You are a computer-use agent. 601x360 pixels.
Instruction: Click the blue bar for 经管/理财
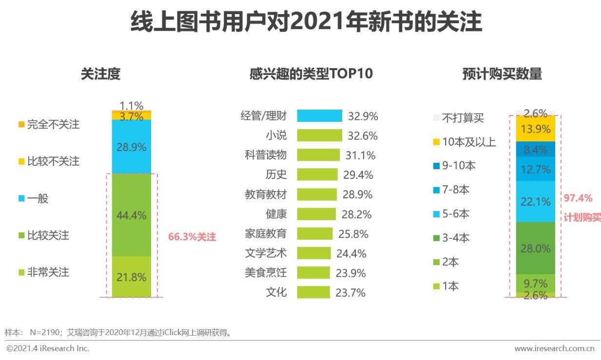click(319, 116)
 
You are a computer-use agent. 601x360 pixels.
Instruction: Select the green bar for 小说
click(319, 135)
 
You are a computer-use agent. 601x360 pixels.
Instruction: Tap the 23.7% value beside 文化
click(350, 292)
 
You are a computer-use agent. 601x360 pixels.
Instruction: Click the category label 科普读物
click(266, 155)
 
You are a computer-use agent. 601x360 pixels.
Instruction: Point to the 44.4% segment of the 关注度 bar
click(131, 215)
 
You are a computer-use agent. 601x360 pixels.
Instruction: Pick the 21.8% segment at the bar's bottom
click(131, 277)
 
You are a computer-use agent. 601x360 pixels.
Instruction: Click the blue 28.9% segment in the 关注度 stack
click(131, 147)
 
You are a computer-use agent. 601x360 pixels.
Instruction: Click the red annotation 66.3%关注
click(192, 237)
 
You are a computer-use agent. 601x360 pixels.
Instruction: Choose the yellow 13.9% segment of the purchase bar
click(535, 129)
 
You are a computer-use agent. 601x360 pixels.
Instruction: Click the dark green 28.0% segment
click(535, 248)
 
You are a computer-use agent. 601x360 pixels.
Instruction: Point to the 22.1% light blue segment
click(535, 201)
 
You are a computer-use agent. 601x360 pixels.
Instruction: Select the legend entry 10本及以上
click(468, 142)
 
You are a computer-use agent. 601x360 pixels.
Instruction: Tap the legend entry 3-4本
click(455, 238)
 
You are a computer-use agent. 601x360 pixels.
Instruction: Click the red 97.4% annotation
click(578, 198)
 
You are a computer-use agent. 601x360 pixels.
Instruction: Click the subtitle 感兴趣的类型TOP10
click(311, 74)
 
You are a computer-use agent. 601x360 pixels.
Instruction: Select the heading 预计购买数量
click(502, 74)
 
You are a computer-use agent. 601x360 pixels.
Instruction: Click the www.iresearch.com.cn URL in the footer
click(554, 348)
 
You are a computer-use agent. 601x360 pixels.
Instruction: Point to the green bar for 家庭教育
click(314, 234)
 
